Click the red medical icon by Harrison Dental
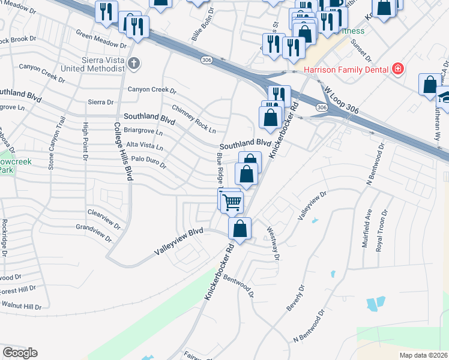[x=397, y=70]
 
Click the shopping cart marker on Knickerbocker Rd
[x=232, y=202]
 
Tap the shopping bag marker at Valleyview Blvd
[x=240, y=229]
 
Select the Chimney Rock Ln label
[x=194, y=119]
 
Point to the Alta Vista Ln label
[x=143, y=146]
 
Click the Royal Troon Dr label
[x=381, y=231]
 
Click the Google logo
[x=20, y=353]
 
